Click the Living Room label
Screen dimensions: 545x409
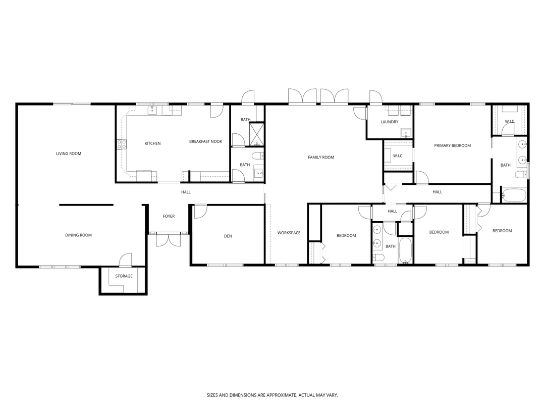point(69,154)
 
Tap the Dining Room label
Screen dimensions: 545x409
point(79,235)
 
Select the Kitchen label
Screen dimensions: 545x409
point(152,143)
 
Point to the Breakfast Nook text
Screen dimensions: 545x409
point(206,141)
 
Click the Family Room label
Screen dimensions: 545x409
point(321,158)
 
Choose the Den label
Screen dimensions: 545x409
point(228,236)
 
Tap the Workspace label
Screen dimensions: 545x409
point(289,233)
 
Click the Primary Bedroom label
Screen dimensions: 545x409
point(453,146)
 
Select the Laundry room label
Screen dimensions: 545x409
point(389,122)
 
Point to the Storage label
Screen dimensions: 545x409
point(124,276)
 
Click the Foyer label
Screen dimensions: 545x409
point(169,216)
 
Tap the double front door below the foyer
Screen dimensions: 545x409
point(169,240)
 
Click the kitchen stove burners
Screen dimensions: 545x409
point(122,144)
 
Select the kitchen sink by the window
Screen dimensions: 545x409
point(152,111)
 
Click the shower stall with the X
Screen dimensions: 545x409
point(257,134)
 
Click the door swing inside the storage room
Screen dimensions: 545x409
point(126,260)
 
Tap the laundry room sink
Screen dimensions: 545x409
point(406,133)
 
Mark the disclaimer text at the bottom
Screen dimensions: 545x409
point(272,395)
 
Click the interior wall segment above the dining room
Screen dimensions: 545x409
point(86,205)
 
